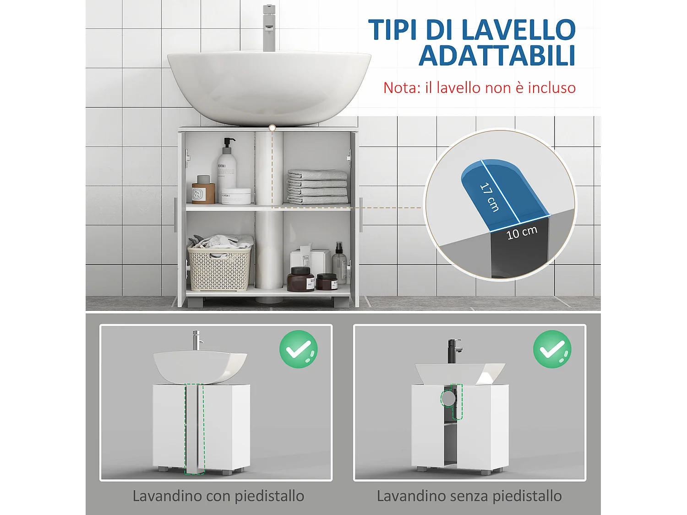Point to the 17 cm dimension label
pyautogui.click(x=489, y=197)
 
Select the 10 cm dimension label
pyautogui.click(x=522, y=233)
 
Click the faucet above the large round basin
pyautogui.click(x=269, y=27)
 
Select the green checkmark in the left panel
pyautogui.click(x=299, y=349)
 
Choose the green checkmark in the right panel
pyautogui.click(x=552, y=349)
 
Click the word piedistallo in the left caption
pyautogui.click(x=269, y=496)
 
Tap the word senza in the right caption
pyautogui.click(x=467, y=496)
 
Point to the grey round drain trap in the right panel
pyautogui.click(x=448, y=399)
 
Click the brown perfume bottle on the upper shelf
pyautogui.click(x=203, y=190)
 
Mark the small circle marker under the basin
pyautogui.click(x=272, y=128)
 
